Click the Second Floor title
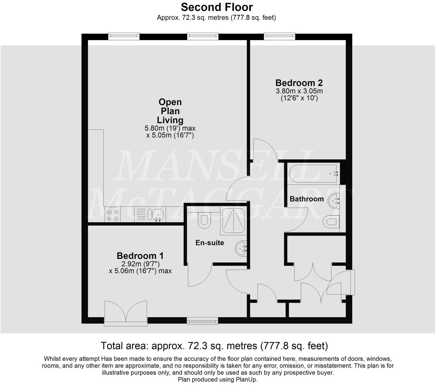(217, 7)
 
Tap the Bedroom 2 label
(299, 83)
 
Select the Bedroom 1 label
(140, 256)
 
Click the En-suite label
(210, 243)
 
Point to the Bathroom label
(307, 199)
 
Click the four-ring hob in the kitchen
(113, 215)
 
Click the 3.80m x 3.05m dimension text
(299, 91)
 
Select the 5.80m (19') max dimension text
(170, 128)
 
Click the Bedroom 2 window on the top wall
(280, 36)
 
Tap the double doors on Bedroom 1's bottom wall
(126, 313)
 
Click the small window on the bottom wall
(202, 321)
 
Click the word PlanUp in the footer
(247, 380)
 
